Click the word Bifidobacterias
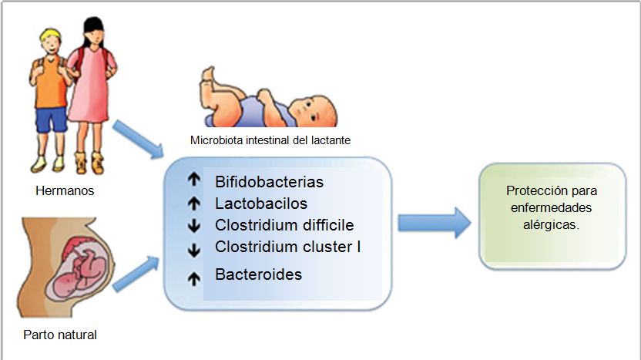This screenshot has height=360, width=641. (x=269, y=183)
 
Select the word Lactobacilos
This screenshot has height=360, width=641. (x=261, y=204)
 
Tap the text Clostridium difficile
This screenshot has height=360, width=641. (x=284, y=226)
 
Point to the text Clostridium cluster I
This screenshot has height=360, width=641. (x=288, y=247)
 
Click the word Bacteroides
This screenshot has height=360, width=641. (x=258, y=274)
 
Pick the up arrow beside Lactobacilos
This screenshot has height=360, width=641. (x=194, y=204)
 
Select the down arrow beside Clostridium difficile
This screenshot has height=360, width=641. (x=194, y=227)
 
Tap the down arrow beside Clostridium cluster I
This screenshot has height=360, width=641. (x=194, y=248)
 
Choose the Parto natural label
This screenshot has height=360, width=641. (x=60, y=335)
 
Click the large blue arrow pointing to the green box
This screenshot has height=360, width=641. (x=434, y=222)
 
